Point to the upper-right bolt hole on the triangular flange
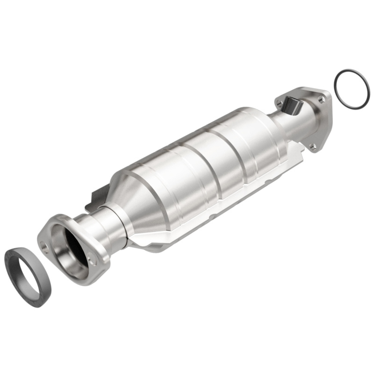(321, 99)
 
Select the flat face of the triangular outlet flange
(323, 117)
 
